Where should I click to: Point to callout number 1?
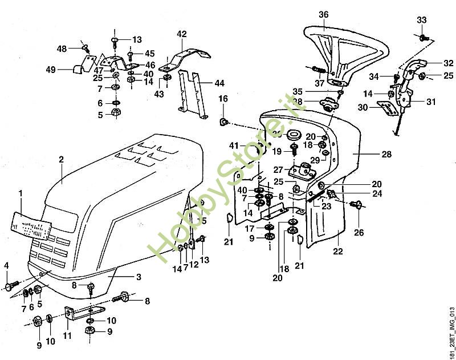point(21,195)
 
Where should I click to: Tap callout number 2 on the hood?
point(61,160)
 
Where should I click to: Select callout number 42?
point(182,34)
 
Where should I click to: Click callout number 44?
point(219,83)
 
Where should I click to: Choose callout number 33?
point(422,20)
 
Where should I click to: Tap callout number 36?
point(324,14)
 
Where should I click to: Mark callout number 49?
point(51,70)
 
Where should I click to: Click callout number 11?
point(67,335)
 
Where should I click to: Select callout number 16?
point(223,99)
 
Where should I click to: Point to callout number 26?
point(358,232)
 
